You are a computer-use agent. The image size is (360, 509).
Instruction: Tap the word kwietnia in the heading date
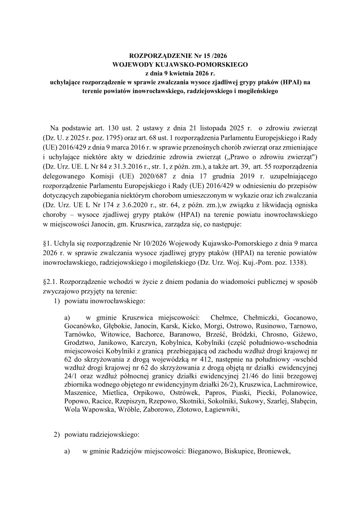pyautogui.click(x=183, y=72)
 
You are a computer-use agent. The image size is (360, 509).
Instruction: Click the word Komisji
pyautogui.click(x=130, y=178)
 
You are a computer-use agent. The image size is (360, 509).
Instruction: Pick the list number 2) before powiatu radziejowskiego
pyautogui.click(x=57, y=435)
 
